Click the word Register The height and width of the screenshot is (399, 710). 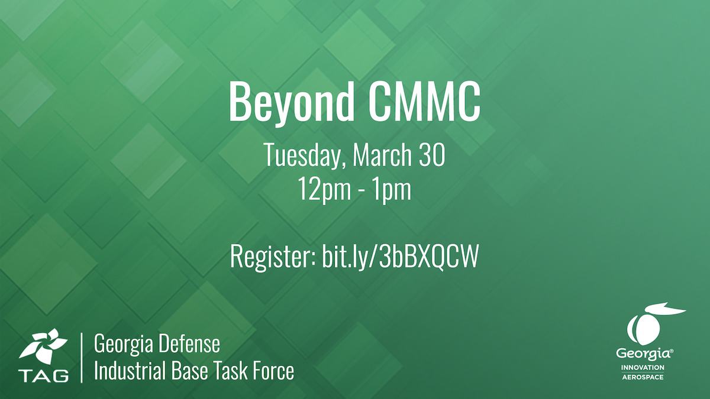coord(272,258)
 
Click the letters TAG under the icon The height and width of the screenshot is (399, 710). coord(43,375)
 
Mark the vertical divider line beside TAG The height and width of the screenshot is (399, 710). coord(82,358)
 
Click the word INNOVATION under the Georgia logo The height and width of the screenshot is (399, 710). coord(643,368)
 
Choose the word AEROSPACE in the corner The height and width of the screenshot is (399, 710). coord(643,377)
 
